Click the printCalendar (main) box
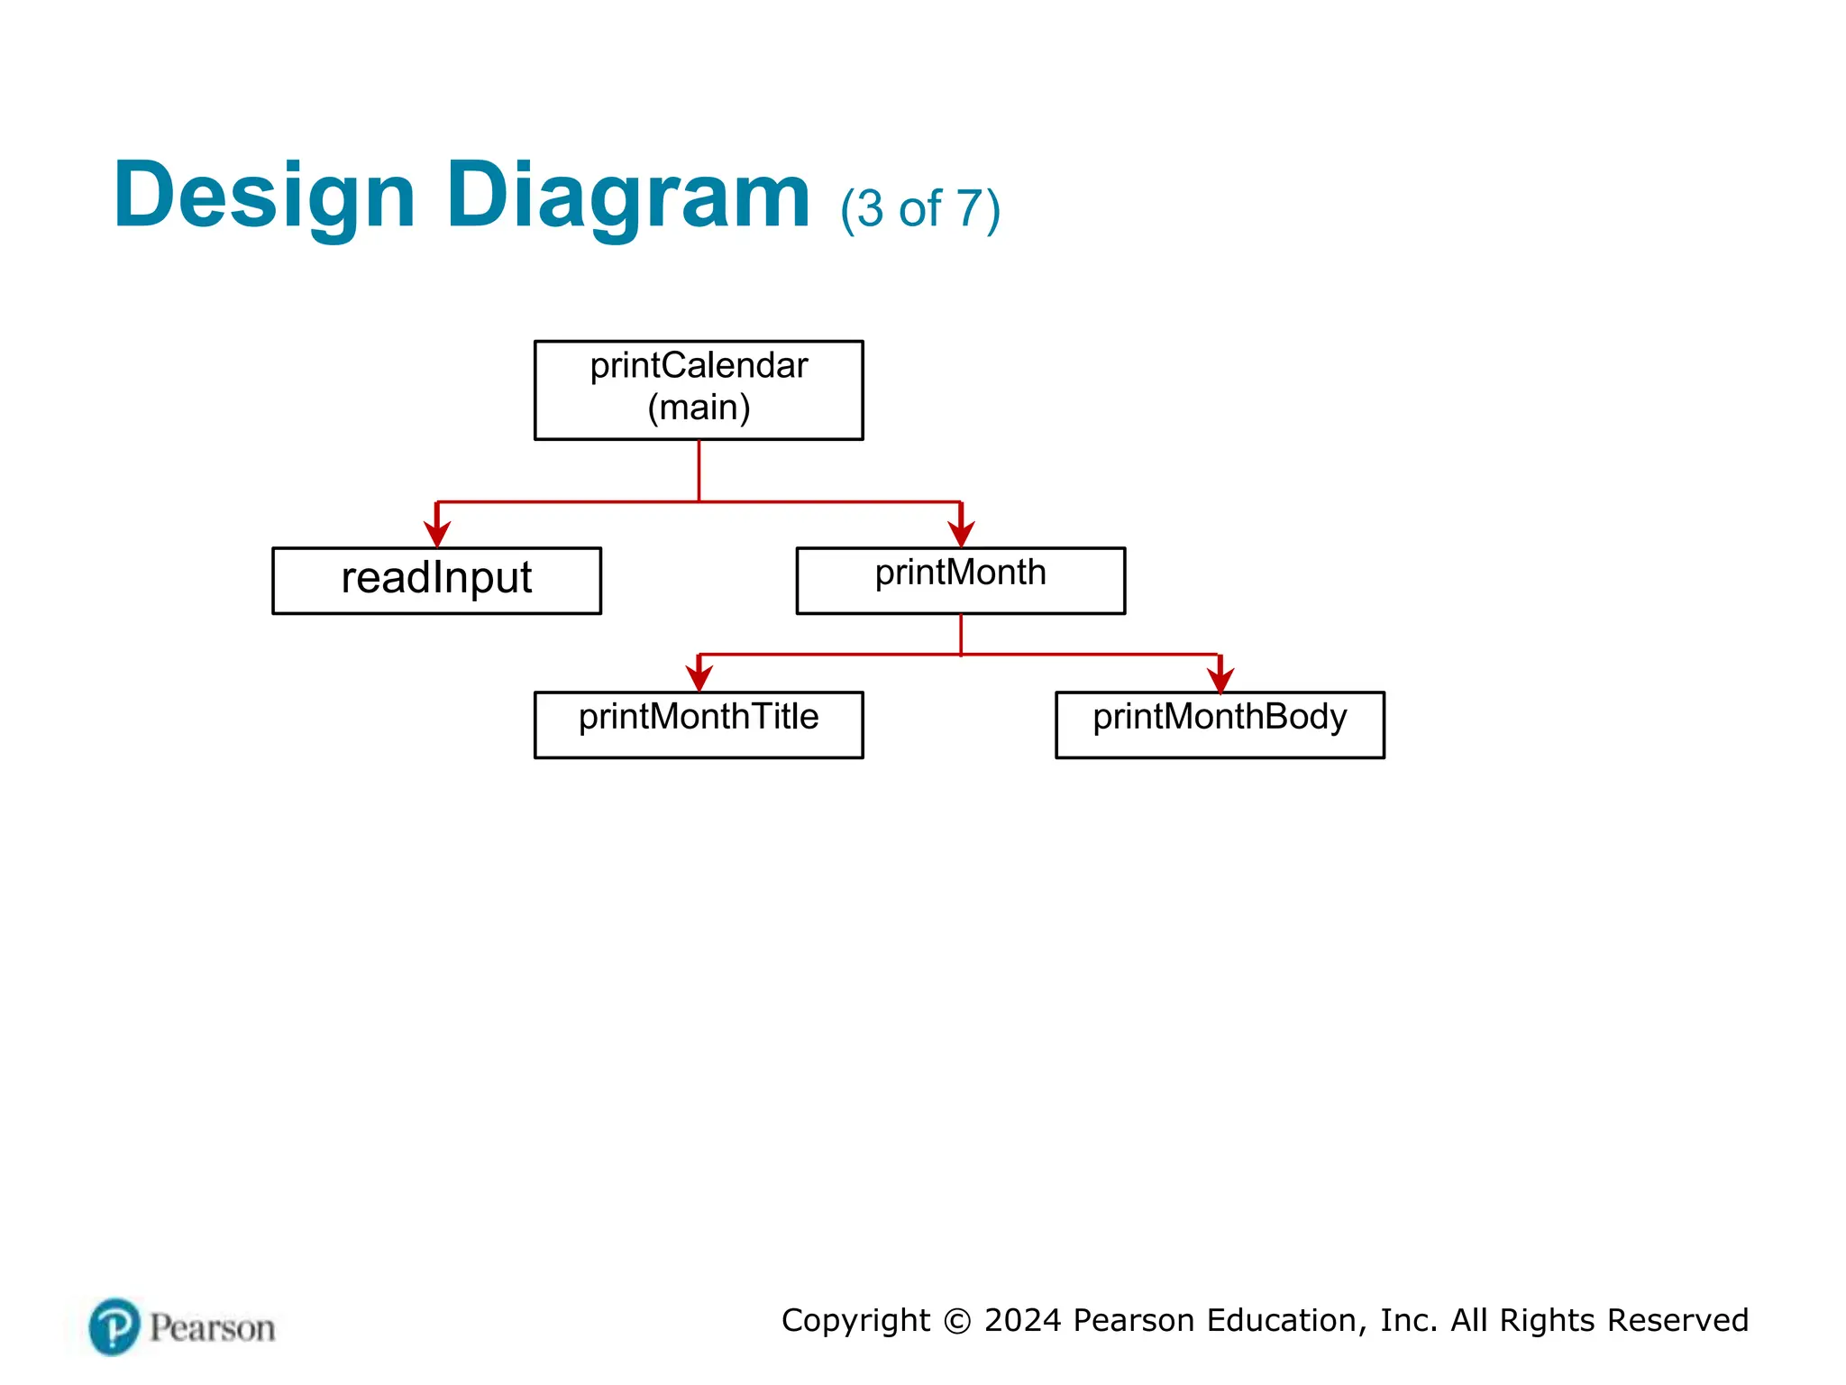click(x=699, y=390)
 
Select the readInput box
click(x=436, y=580)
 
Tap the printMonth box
click(x=960, y=580)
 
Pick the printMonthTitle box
click(x=699, y=724)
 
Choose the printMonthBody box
click(x=1220, y=724)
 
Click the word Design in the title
click(x=264, y=197)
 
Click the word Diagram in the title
click(x=628, y=197)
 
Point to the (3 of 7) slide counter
click(x=920, y=209)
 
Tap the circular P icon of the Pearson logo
click(x=114, y=1326)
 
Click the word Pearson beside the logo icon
click(x=213, y=1328)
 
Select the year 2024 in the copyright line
click(x=1023, y=1320)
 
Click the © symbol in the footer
click(x=957, y=1321)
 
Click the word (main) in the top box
click(x=699, y=408)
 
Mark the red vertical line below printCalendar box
click(x=699, y=470)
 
